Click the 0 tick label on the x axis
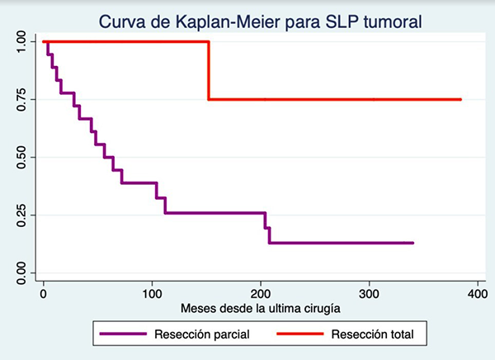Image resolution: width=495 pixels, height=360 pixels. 44,292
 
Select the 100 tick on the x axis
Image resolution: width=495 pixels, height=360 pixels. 152,292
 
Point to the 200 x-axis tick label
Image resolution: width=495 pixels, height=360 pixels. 260,292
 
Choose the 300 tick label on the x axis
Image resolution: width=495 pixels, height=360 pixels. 368,292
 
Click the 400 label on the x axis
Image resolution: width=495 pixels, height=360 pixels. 476,292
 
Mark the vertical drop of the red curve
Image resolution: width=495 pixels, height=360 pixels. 208,70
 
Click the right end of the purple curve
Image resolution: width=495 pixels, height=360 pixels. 412,243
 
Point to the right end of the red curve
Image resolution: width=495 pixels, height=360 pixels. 460,99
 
